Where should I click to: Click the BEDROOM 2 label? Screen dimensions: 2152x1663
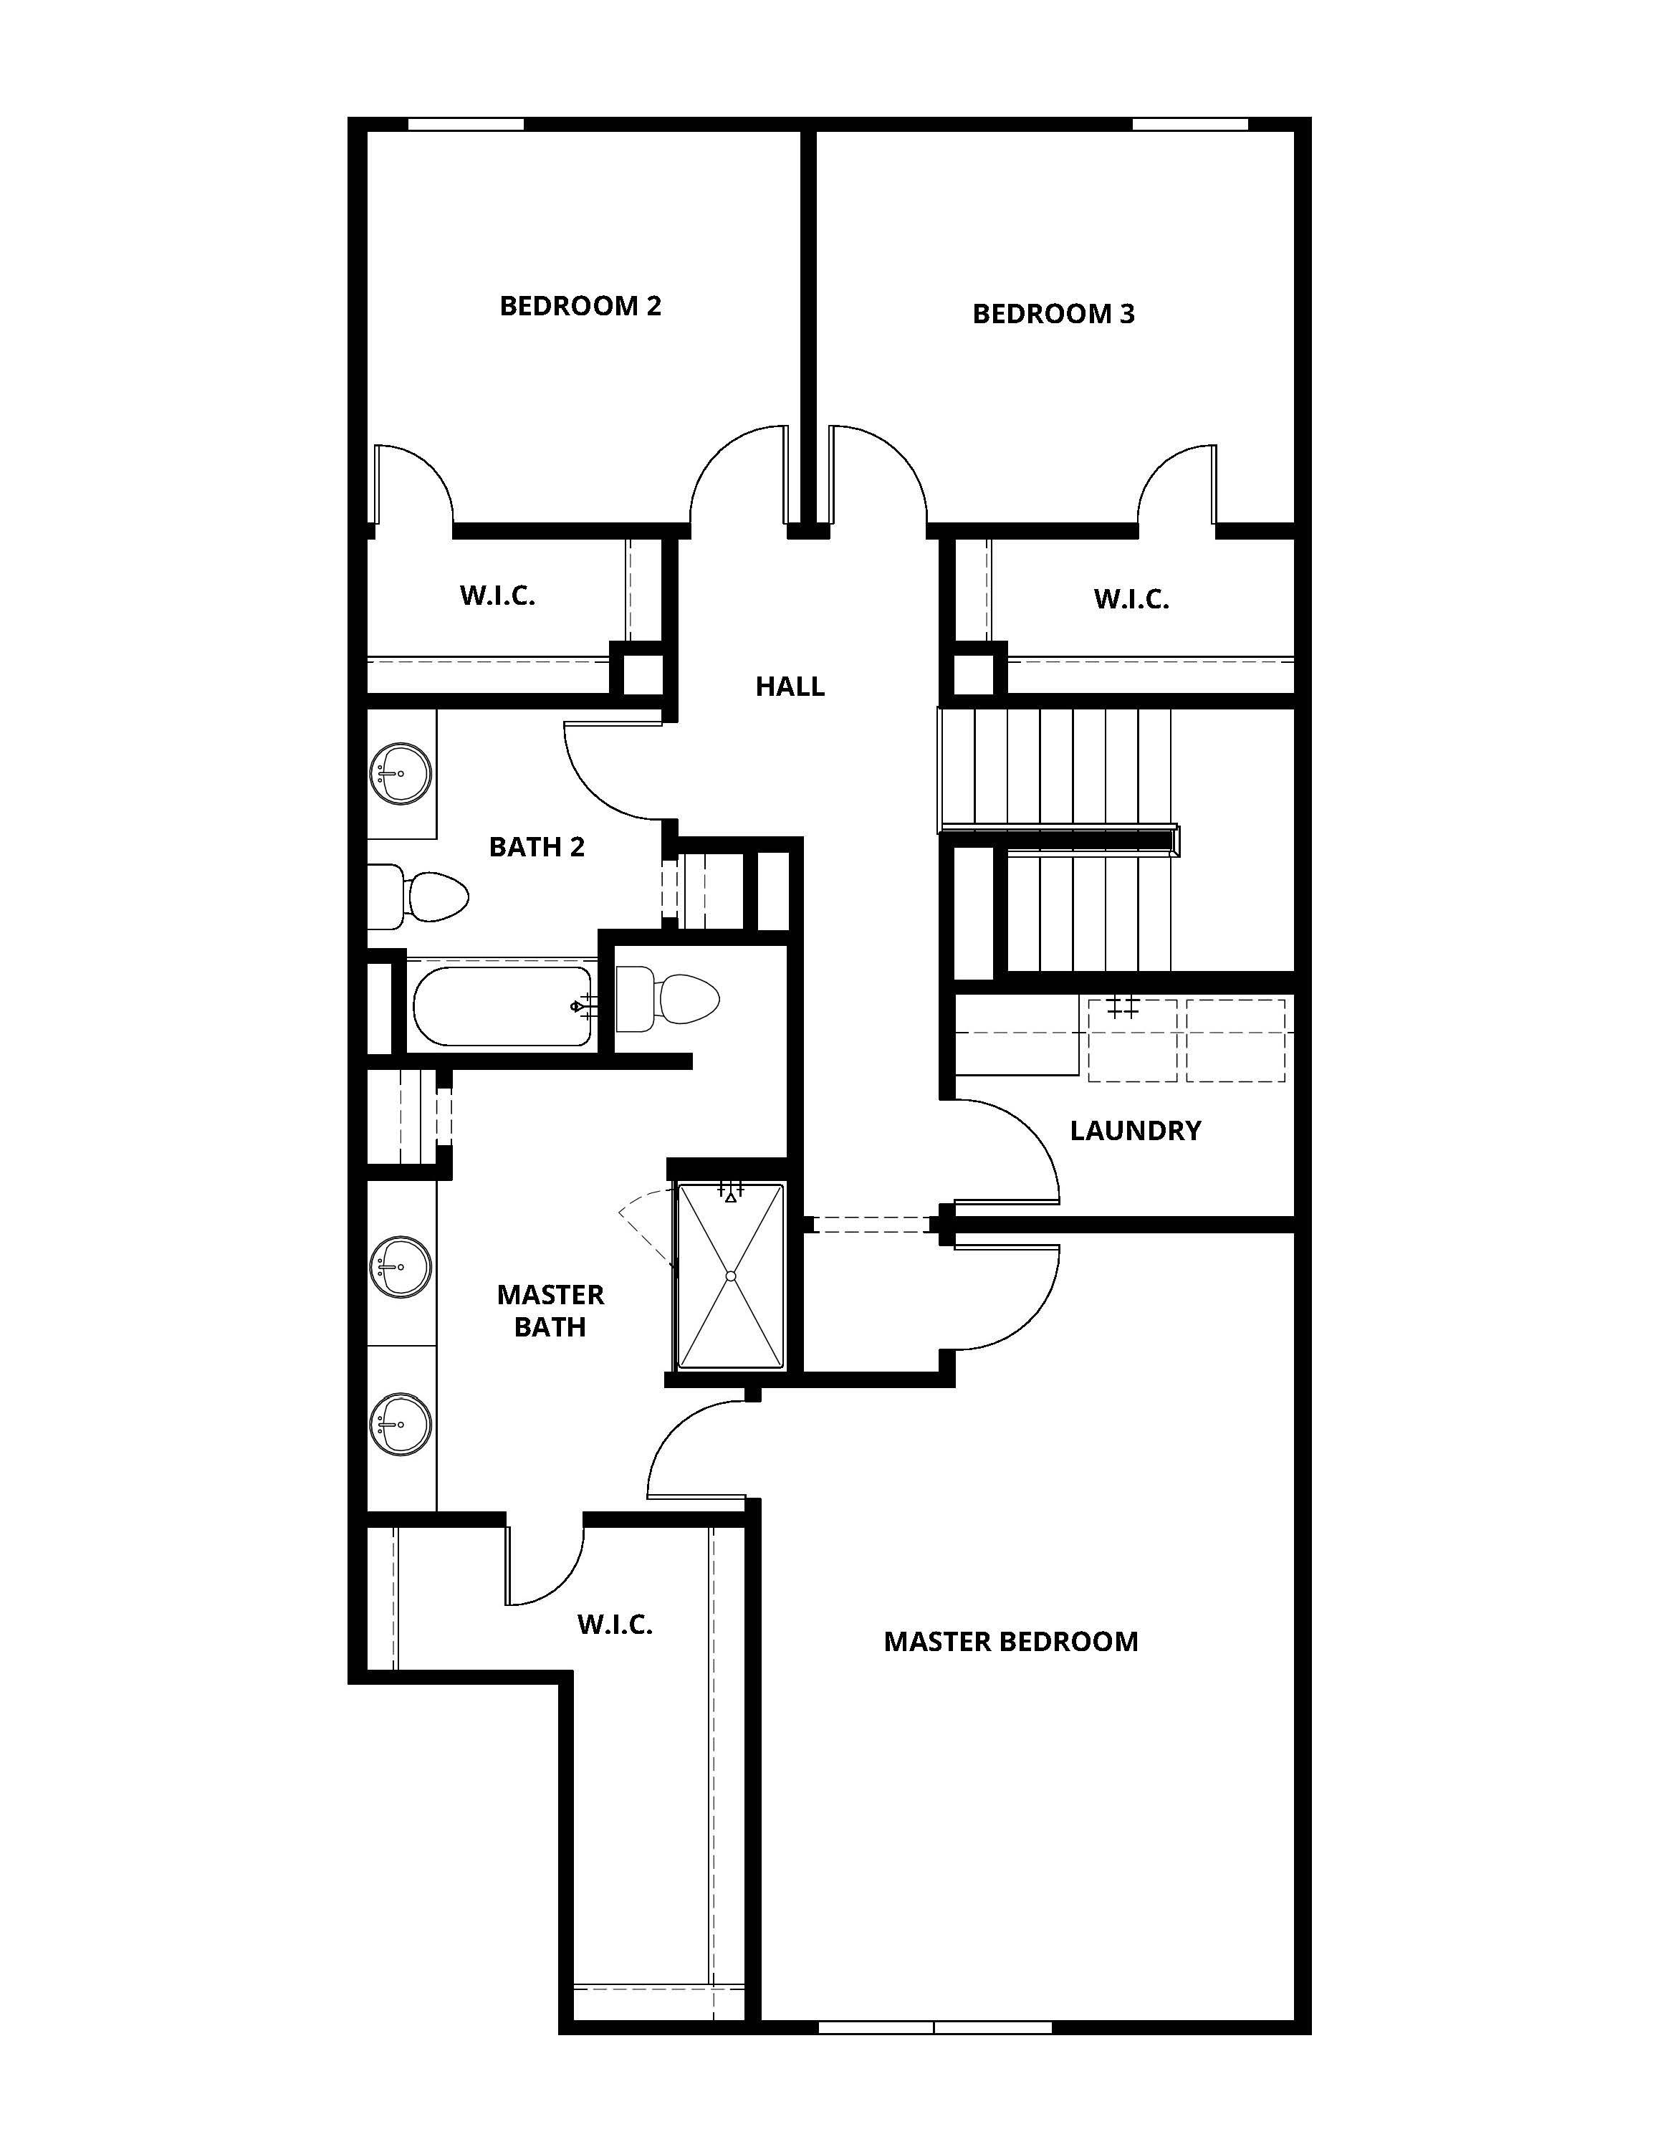[x=580, y=307]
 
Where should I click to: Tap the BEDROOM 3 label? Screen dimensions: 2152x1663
[x=1053, y=315]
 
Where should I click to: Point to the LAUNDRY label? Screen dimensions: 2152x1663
[x=1135, y=1130]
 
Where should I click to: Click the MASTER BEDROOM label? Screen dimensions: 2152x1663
[x=1011, y=1642]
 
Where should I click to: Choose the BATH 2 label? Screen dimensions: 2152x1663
[x=537, y=846]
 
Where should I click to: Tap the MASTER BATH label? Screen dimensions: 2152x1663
[x=550, y=1311]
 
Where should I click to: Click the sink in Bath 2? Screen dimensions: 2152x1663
[x=401, y=773]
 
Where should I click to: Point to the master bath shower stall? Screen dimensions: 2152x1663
[x=730, y=1276]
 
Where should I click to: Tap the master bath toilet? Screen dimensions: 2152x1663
[x=670, y=999]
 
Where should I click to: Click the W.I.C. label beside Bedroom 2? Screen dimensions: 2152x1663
[x=497, y=596]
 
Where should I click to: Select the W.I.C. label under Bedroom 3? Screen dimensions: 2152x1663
[x=1131, y=599]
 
